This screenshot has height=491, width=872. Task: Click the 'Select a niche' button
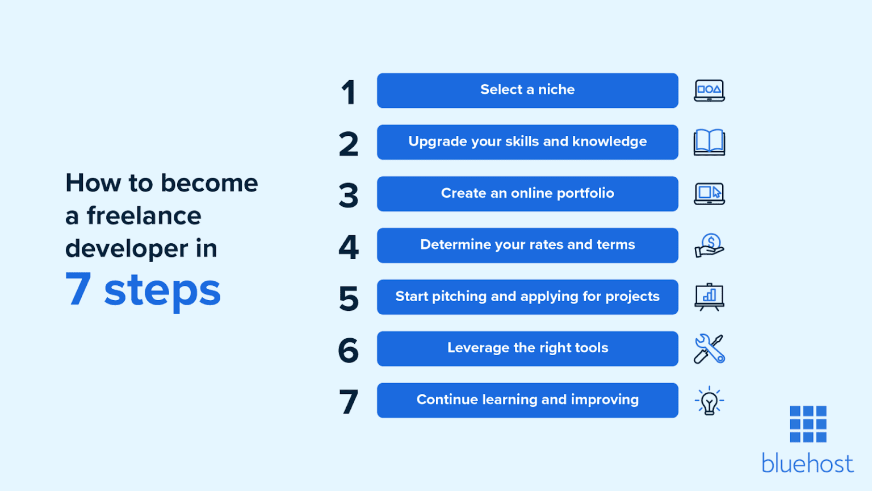click(x=527, y=90)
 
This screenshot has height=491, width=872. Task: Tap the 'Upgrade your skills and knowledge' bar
click(x=527, y=142)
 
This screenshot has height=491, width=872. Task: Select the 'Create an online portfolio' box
click(x=527, y=194)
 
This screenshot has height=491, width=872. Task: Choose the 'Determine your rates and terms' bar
click(x=527, y=246)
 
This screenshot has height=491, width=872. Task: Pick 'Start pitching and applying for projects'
click(x=527, y=297)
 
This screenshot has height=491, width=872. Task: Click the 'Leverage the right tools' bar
click(x=527, y=348)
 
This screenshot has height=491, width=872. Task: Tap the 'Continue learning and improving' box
click(x=527, y=400)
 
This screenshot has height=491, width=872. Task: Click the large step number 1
click(x=349, y=93)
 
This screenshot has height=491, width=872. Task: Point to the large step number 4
click(x=349, y=247)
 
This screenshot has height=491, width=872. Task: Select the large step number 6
click(x=349, y=350)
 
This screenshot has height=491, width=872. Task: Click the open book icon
click(x=709, y=143)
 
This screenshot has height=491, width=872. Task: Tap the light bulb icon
click(x=709, y=401)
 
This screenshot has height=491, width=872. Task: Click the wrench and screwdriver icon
click(x=709, y=349)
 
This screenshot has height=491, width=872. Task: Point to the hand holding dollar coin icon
click(x=709, y=246)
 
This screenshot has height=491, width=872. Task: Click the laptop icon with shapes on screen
click(x=709, y=90)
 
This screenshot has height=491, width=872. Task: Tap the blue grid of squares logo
click(x=808, y=424)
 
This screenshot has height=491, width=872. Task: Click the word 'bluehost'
click(x=807, y=464)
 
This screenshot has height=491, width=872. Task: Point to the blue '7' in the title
click(x=78, y=289)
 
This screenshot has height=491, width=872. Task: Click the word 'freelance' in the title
click(x=144, y=216)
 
